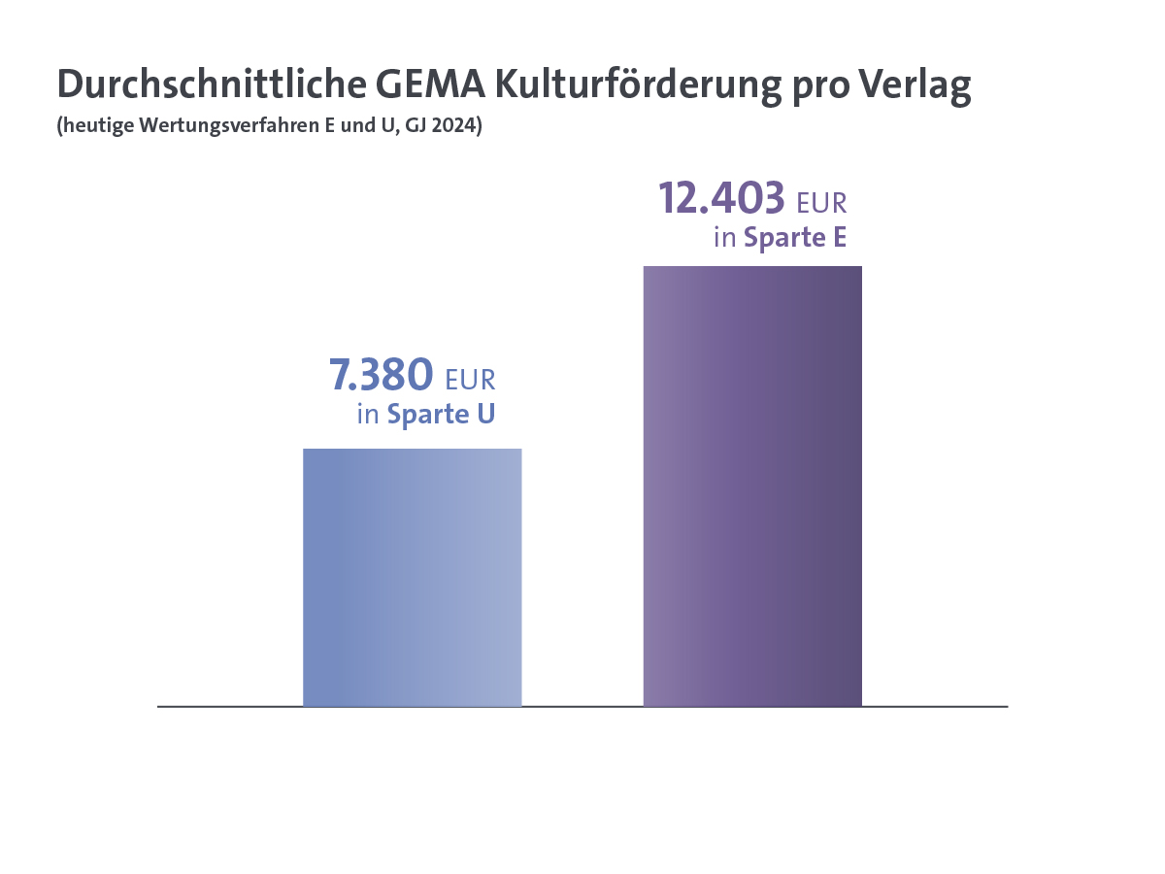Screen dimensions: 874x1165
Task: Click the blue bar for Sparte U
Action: pyautogui.click(x=413, y=578)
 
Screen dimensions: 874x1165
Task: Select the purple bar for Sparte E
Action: pyautogui.click(x=752, y=486)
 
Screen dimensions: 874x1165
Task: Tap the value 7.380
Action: pyautogui.click(x=381, y=374)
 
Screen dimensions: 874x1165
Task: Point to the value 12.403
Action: pyautogui.click(x=721, y=198)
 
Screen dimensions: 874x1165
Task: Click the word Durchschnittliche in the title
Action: pyautogui.click(x=210, y=85)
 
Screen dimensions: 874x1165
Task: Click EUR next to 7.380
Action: pyautogui.click(x=470, y=379)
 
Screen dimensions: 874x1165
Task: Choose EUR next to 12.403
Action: pyautogui.click(x=821, y=203)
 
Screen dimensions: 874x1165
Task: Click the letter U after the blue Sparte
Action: pyautogui.click(x=484, y=415)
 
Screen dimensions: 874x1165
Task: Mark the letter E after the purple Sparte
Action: pyautogui.click(x=838, y=238)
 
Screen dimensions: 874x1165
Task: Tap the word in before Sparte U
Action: pyautogui.click(x=367, y=415)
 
